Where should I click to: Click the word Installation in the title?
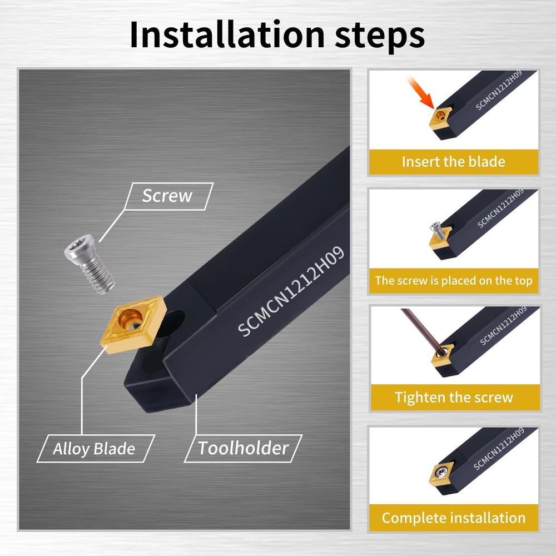pyautogui.click(x=227, y=34)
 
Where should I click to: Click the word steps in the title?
pyautogui.click(x=379, y=37)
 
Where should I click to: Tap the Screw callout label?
pyautogui.click(x=167, y=196)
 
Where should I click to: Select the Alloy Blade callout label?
pyautogui.click(x=94, y=449)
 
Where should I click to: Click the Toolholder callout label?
pyautogui.click(x=244, y=448)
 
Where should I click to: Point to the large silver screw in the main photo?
pyautogui.click(x=90, y=264)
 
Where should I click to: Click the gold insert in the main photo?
pyautogui.click(x=133, y=324)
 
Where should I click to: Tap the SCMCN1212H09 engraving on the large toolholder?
pyautogui.click(x=291, y=291)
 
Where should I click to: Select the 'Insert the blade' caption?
pyautogui.click(x=454, y=162)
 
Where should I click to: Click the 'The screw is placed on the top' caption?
pyautogui.click(x=454, y=280)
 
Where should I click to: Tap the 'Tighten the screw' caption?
pyautogui.click(x=454, y=397)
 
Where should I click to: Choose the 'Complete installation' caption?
pyautogui.click(x=454, y=518)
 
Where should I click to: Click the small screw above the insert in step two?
pyautogui.click(x=437, y=231)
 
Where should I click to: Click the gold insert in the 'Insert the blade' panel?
pyautogui.click(x=441, y=117)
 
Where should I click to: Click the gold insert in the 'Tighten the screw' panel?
pyautogui.click(x=442, y=354)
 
